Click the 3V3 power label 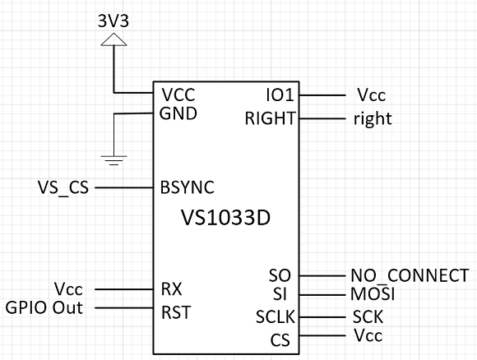click(x=113, y=21)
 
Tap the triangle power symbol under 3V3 click(x=113, y=39)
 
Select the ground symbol click(x=113, y=160)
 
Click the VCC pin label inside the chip click(x=178, y=95)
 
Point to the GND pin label click(x=178, y=113)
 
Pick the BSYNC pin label click(x=188, y=187)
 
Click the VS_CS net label click(x=63, y=187)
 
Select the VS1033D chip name click(x=225, y=218)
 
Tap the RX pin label click(x=172, y=288)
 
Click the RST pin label click(x=176, y=312)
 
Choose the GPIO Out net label click(x=44, y=307)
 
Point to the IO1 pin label click(x=280, y=95)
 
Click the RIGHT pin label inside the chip click(x=270, y=118)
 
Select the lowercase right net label click(x=373, y=119)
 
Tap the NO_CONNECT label click(x=410, y=275)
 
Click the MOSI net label click(x=373, y=294)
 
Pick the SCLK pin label click(x=276, y=316)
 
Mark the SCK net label click(x=368, y=316)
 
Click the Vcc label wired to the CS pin click(x=368, y=335)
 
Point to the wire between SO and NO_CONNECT click(x=322, y=276)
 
